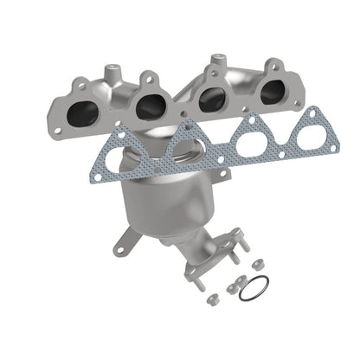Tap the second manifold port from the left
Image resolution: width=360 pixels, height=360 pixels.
(151, 105)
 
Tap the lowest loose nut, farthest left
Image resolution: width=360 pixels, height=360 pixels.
(212, 299)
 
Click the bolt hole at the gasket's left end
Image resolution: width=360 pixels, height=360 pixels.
(99, 177)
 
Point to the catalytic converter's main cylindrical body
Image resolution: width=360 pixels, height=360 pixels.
(164, 203)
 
